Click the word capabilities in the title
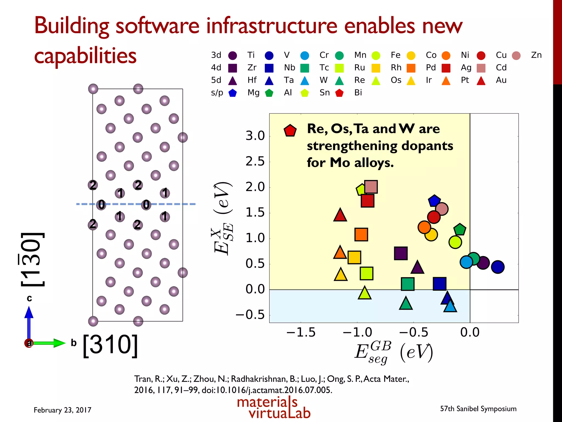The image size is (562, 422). tap(85, 56)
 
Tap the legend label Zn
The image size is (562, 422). tap(536, 55)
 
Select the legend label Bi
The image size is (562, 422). tap(358, 93)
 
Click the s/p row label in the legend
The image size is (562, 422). tap(217, 93)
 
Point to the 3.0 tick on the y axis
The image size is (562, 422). tap(255, 136)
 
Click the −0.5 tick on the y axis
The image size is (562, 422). tap(250, 315)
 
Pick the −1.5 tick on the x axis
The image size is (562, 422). tap(301, 332)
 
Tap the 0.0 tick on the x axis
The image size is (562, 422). tap(470, 332)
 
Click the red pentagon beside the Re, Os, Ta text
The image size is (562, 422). tap(290, 131)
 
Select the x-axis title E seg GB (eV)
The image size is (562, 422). tap(394, 352)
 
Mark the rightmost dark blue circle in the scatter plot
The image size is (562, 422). tap(498, 267)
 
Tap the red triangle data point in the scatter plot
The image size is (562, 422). tap(340, 215)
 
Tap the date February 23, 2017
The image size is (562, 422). tap(62, 410)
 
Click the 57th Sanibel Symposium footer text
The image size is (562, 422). tap(478, 409)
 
